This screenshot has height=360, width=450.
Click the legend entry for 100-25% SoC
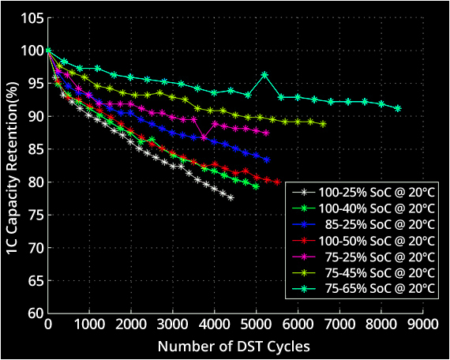pyautogui.click(x=363, y=193)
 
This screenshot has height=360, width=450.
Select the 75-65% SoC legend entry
pyautogui.click(x=363, y=287)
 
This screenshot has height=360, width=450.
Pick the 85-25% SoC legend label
pyautogui.click(x=363, y=224)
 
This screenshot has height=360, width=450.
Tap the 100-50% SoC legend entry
pyautogui.click(x=363, y=240)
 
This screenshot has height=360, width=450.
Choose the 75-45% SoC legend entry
pyautogui.click(x=363, y=272)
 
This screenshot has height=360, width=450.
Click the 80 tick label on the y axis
pyautogui.click(x=36, y=182)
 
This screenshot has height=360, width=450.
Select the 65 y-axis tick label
pyautogui.click(x=36, y=280)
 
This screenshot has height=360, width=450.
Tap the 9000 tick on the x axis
pyautogui.click(x=423, y=324)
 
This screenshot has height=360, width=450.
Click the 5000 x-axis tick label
pyautogui.click(x=257, y=324)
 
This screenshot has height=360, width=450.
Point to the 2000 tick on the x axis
pyautogui.click(x=131, y=324)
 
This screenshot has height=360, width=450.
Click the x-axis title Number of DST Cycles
pyautogui.click(x=234, y=347)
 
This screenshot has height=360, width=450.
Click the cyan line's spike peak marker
pyautogui.click(x=264, y=75)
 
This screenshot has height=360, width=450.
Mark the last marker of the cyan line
pyautogui.click(x=398, y=108)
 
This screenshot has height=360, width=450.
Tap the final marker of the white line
pyautogui.click(x=231, y=198)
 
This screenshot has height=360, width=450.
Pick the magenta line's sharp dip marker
pyautogui.click(x=204, y=137)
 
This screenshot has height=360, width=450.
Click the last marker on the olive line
pyautogui.click(x=323, y=124)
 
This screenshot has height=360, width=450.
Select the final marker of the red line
pyautogui.click(x=277, y=182)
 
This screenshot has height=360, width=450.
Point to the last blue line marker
pyautogui.click(x=267, y=160)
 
